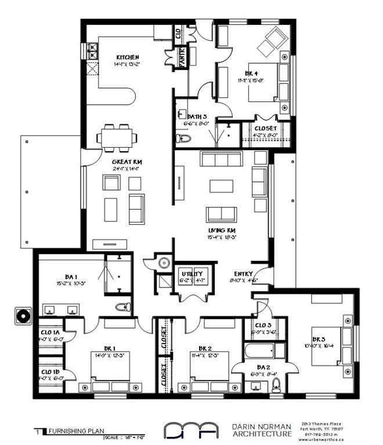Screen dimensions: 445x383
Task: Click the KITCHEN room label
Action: (127, 57)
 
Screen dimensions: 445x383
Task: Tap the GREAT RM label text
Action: (128, 162)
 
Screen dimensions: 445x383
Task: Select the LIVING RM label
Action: (221, 230)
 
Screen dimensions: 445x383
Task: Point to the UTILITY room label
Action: (191, 273)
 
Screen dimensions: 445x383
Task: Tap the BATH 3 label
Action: (197, 116)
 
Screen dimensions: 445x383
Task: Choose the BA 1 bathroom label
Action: (62, 277)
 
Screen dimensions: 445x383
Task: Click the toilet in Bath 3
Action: (183, 138)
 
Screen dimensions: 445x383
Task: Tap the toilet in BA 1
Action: (122, 306)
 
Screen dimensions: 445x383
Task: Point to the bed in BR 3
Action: (327, 353)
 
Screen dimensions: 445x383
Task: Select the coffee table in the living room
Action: (221, 185)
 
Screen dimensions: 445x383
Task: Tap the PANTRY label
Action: (182, 59)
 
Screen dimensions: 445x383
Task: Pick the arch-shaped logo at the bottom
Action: (191, 430)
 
